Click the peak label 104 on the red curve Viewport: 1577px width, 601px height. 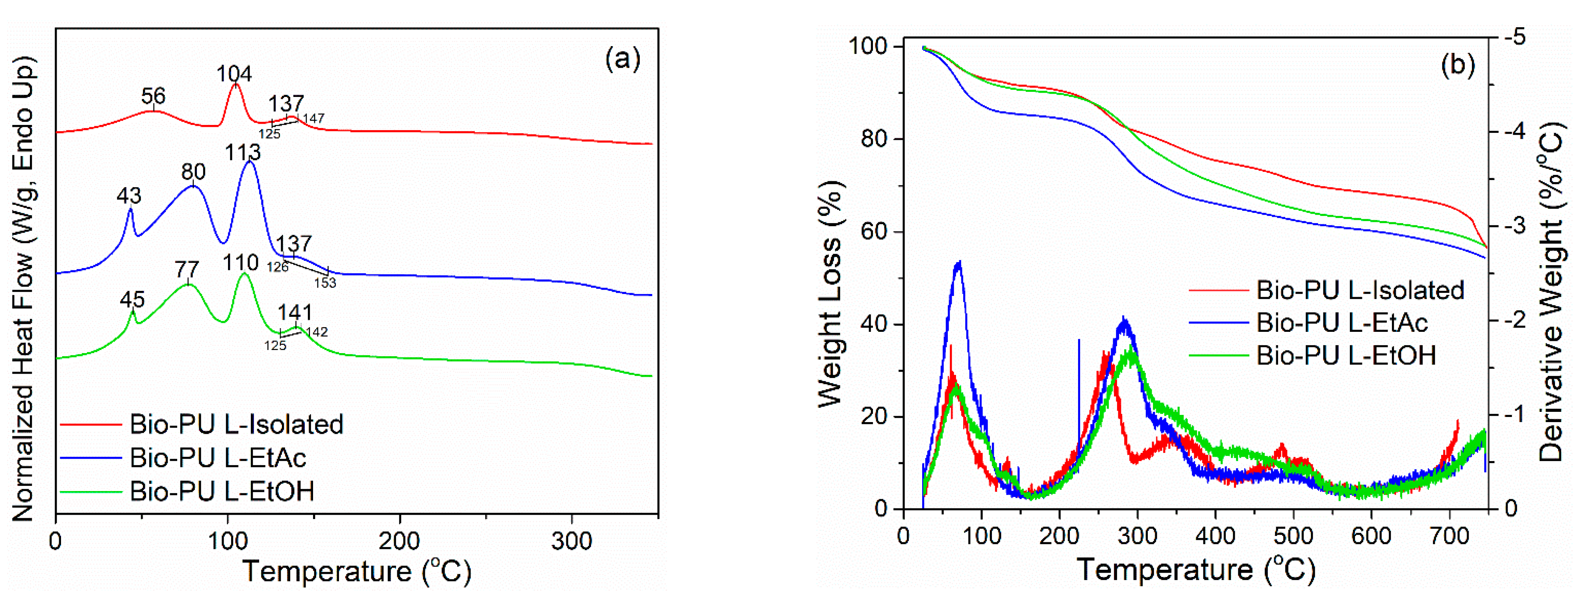[234, 74]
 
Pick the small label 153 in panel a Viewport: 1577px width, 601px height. [325, 283]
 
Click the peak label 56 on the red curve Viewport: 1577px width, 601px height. [153, 96]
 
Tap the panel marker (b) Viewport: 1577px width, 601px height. [1458, 64]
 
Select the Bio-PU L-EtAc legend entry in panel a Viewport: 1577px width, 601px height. [217, 458]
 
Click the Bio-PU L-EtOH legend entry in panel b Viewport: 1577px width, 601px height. [1345, 355]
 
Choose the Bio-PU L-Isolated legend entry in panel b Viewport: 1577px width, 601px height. [1360, 290]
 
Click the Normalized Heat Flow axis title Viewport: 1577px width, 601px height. [23, 288]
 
